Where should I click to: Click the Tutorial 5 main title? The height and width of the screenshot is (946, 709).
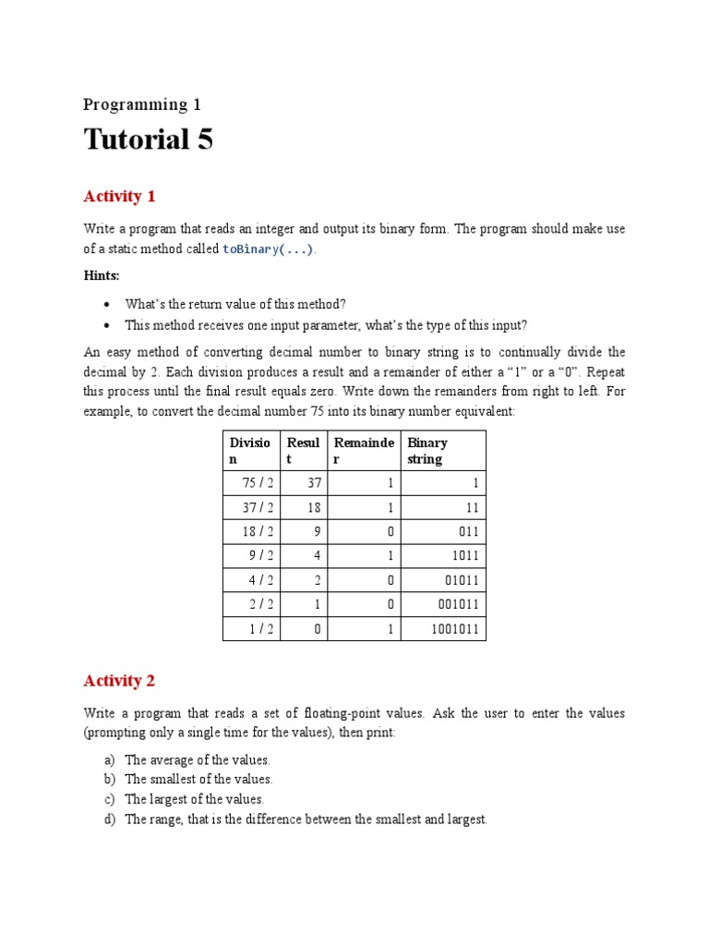[x=148, y=139]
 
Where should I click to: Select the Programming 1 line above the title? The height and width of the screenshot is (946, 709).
[x=141, y=104]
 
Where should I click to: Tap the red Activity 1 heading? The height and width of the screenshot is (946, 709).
[x=119, y=196]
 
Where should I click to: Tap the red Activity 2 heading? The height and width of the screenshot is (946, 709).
[x=119, y=681]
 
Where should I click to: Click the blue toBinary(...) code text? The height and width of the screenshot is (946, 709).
[x=268, y=249]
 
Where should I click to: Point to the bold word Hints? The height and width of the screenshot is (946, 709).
[x=102, y=275]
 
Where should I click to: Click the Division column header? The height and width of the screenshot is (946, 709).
[x=250, y=451]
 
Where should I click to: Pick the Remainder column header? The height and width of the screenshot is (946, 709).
[x=364, y=451]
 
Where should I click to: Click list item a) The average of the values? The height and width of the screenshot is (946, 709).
[x=197, y=759]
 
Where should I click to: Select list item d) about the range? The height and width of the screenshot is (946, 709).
[x=305, y=819]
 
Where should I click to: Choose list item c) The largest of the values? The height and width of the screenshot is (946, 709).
[x=194, y=799]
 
